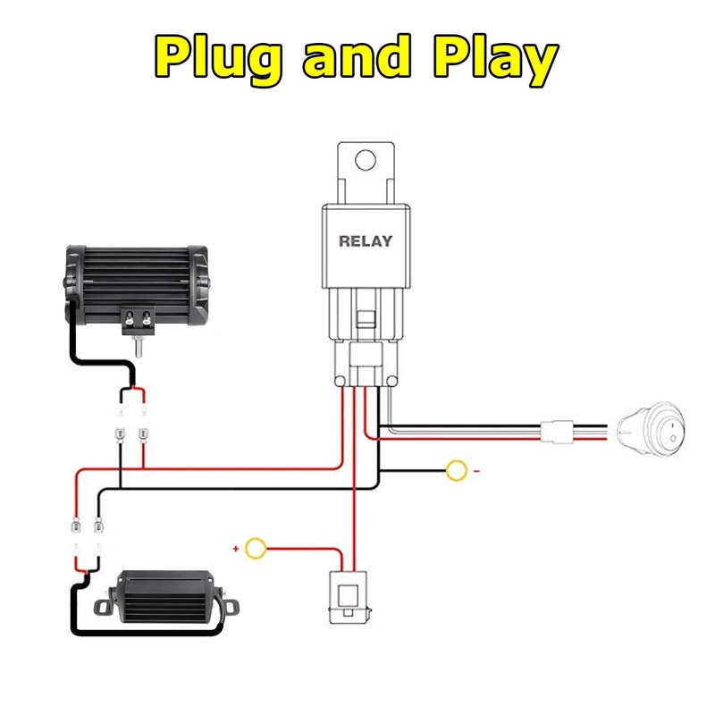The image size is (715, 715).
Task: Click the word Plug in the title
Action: click(x=217, y=59)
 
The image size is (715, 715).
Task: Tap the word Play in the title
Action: click(x=496, y=59)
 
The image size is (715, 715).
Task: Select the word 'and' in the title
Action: click(x=357, y=56)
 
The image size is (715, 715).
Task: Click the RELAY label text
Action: click(x=366, y=240)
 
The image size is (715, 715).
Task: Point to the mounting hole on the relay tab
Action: click(x=366, y=160)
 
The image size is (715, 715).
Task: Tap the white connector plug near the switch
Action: click(x=557, y=432)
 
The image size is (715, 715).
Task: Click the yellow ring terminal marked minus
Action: click(x=457, y=471)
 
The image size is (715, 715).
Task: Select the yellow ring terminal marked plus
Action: click(x=256, y=549)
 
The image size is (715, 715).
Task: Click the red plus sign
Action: click(x=236, y=549)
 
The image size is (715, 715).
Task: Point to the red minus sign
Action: click(x=476, y=471)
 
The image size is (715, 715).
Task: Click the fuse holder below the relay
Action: click(x=349, y=597)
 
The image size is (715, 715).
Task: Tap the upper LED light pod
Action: click(x=137, y=285)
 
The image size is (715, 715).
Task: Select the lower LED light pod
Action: click(x=166, y=596)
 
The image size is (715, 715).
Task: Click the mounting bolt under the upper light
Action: click(x=138, y=346)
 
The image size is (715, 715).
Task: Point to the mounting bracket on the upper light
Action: click(x=139, y=321)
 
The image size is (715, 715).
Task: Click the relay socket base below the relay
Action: click(x=366, y=338)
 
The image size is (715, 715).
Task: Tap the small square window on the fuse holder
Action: click(x=349, y=595)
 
